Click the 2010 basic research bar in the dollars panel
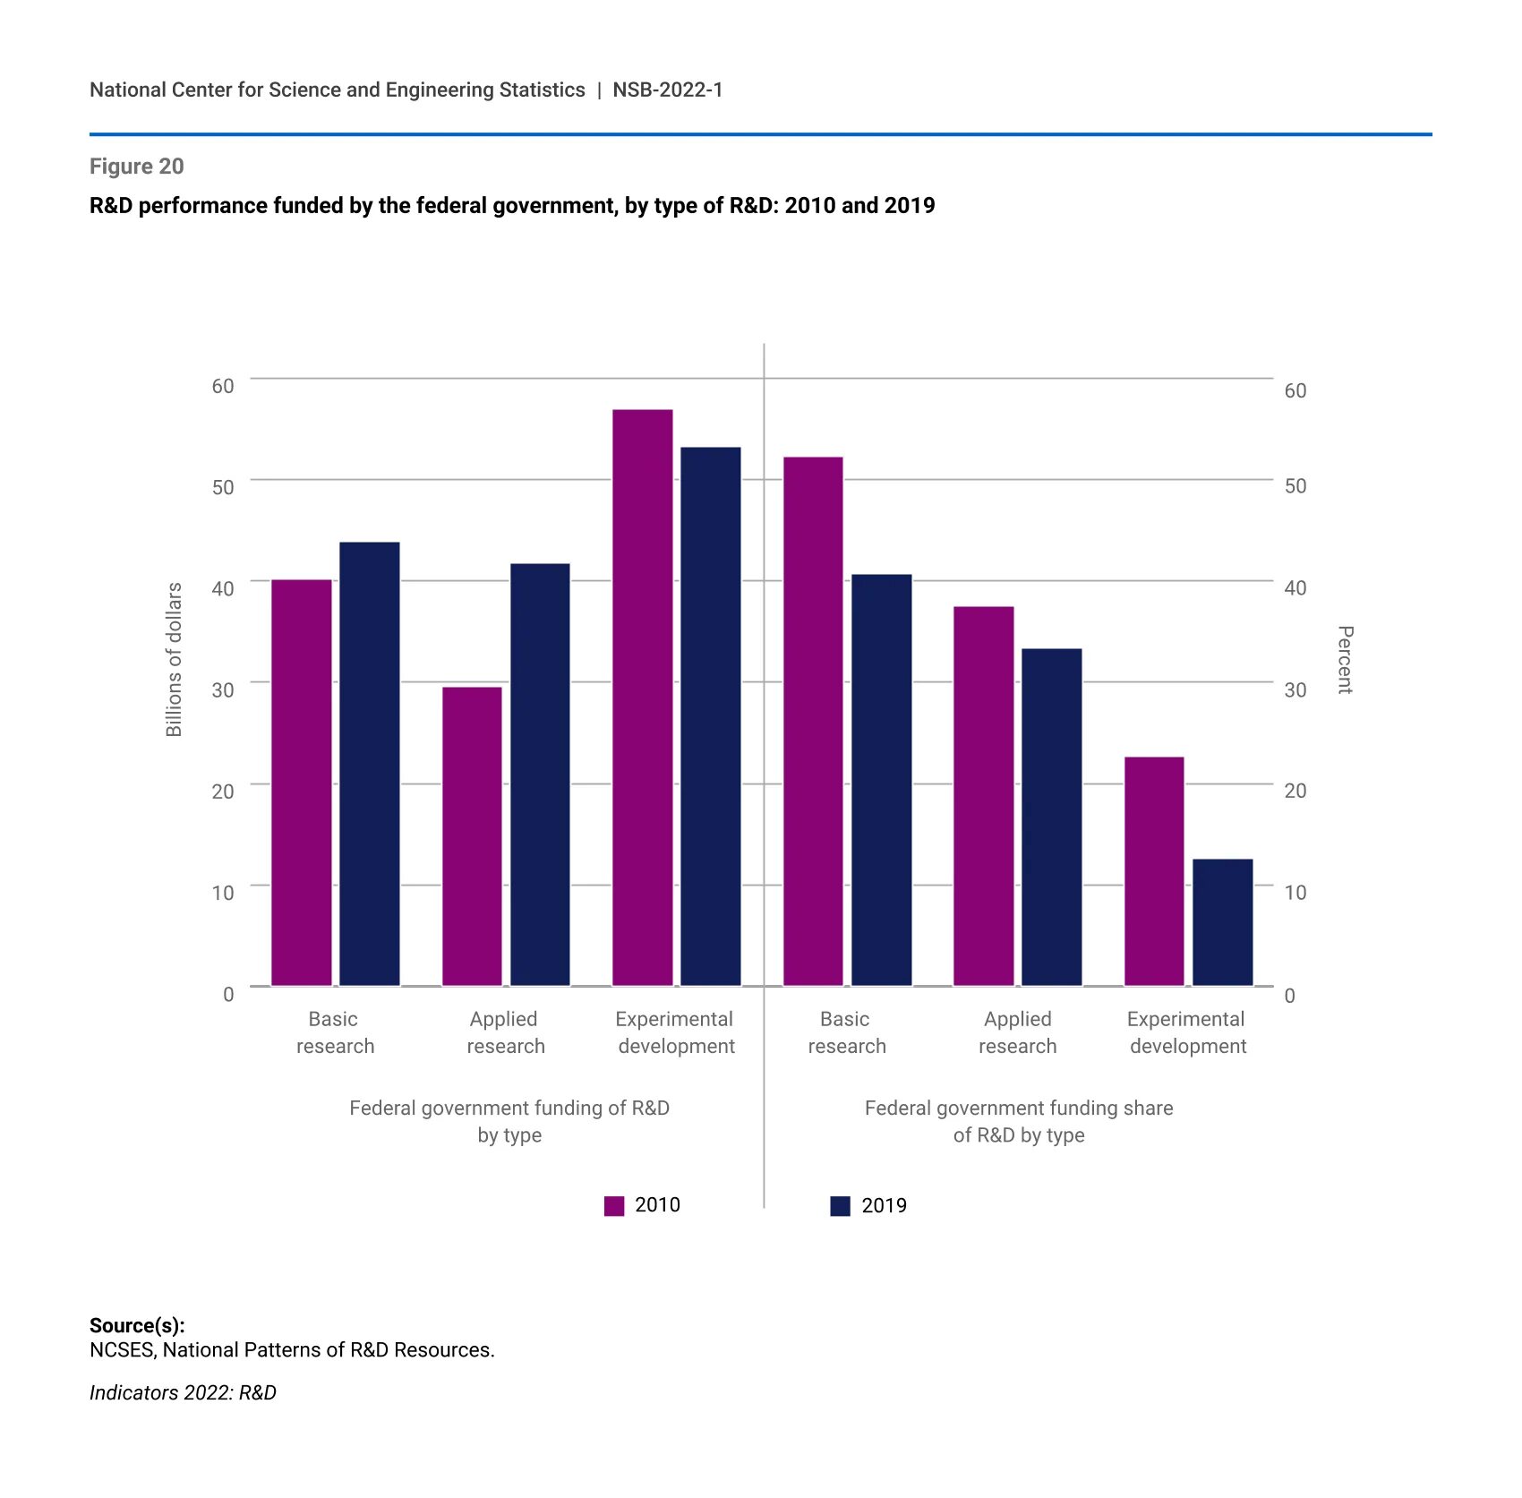pyautogui.click(x=302, y=783)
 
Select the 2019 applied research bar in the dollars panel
pyautogui.click(x=540, y=775)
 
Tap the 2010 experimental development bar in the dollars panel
pyautogui.click(x=642, y=698)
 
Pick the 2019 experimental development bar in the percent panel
pyautogui.click(x=1222, y=922)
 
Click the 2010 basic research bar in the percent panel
pyautogui.click(x=813, y=721)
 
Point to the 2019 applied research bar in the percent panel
pyautogui.click(x=1051, y=817)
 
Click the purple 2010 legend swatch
pyautogui.click(x=614, y=1206)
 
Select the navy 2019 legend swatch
pyautogui.click(x=840, y=1206)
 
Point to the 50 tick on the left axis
pyautogui.click(x=223, y=487)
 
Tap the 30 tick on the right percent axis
pyautogui.click(x=1295, y=689)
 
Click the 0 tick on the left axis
pyautogui.click(x=228, y=994)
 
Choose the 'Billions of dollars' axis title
pyautogui.click(x=174, y=660)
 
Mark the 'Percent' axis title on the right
pyautogui.click(x=1345, y=660)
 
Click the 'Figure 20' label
pyautogui.click(x=137, y=167)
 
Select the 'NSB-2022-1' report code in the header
pyautogui.click(x=668, y=90)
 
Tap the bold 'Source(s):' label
pyautogui.click(x=137, y=1325)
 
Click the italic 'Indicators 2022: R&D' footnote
pyautogui.click(x=183, y=1392)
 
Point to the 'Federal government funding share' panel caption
pyautogui.click(x=1018, y=1109)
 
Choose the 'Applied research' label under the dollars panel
pyautogui.click(x=505, y=1032)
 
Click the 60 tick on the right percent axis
pyautogui.click(x=1295, y=390)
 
